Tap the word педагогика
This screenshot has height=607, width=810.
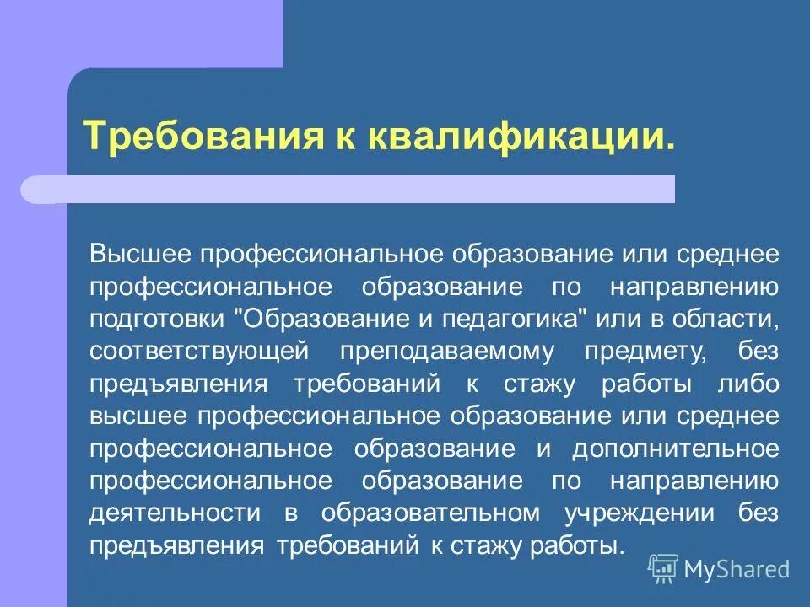point(515,319)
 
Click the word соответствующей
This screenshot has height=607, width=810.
point(194,351)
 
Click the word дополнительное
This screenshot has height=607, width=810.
point(675,448)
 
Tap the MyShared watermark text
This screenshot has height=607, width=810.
point(737,569)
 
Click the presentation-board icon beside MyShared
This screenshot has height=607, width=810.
point(663,568)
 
